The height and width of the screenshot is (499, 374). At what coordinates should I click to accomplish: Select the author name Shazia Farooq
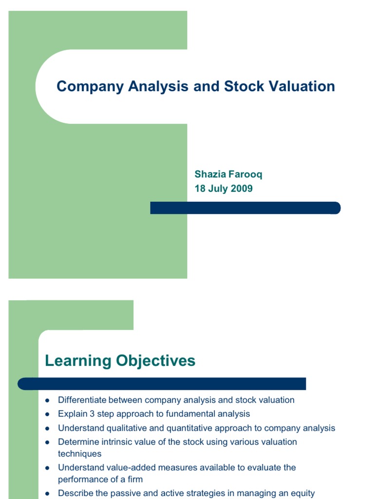tap(225, 174)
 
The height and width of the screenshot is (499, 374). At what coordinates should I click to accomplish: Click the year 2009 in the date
tap(242, 189)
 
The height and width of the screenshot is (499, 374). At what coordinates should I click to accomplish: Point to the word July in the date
tap(219, 189)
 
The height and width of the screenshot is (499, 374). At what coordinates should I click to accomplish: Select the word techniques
tap(79, 454)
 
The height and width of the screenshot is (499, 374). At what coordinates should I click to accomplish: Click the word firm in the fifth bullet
tap(134, 480)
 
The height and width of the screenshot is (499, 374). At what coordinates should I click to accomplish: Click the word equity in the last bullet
tap(303, 494)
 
